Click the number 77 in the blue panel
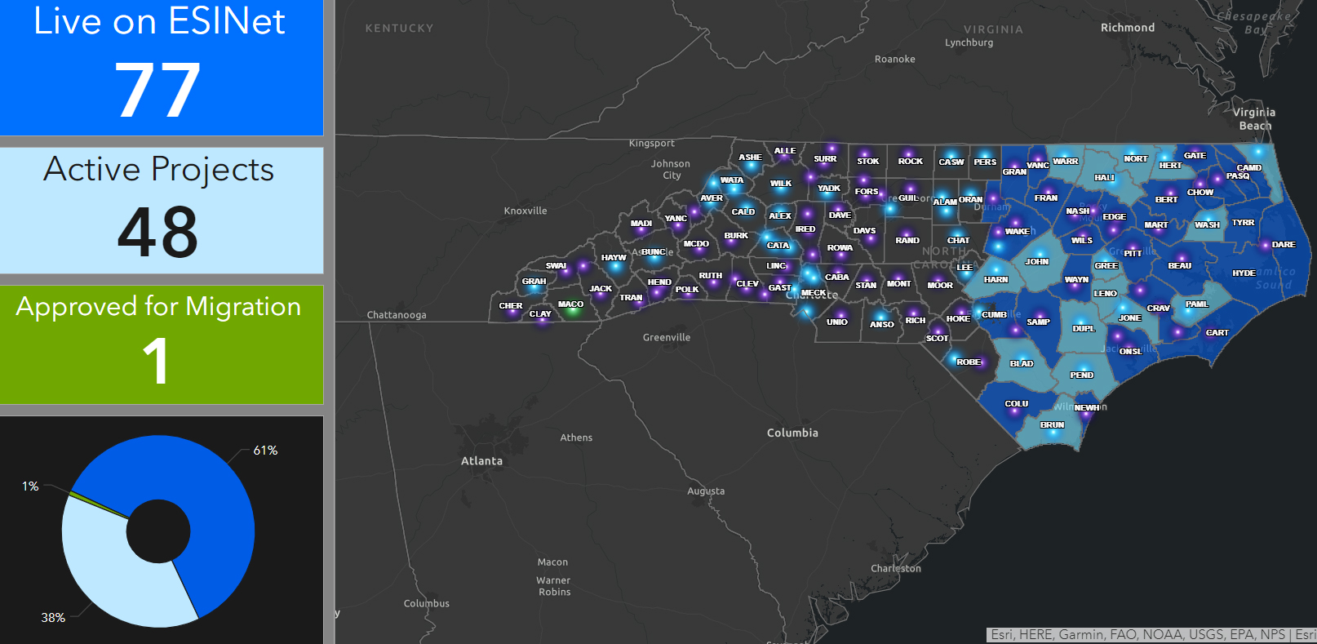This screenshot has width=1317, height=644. click(157, 90)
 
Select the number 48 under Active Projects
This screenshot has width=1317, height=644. click(157, 233)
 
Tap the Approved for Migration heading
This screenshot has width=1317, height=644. click(158, 306)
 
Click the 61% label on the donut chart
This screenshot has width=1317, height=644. click(265, 451)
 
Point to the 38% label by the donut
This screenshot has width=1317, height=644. click(53, 618)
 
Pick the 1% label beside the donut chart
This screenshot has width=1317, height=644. click(30, 486)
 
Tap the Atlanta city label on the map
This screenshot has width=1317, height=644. click(481, 461)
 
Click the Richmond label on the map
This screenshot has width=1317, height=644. click(1128, 28)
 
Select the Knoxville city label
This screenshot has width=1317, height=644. click(525, 211)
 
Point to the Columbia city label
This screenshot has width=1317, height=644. click(792, 433)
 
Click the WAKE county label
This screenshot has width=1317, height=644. click(1017, 231)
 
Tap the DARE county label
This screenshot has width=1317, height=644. click(1284, 244)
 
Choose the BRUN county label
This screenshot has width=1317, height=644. click(1052, 424)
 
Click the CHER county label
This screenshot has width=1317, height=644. click(511, 306)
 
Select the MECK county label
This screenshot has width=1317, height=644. click(814, 292)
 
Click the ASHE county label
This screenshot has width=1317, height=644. click(750, 157)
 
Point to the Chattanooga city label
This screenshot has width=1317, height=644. click(397, 315)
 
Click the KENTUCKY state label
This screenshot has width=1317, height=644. click(399, 29)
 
